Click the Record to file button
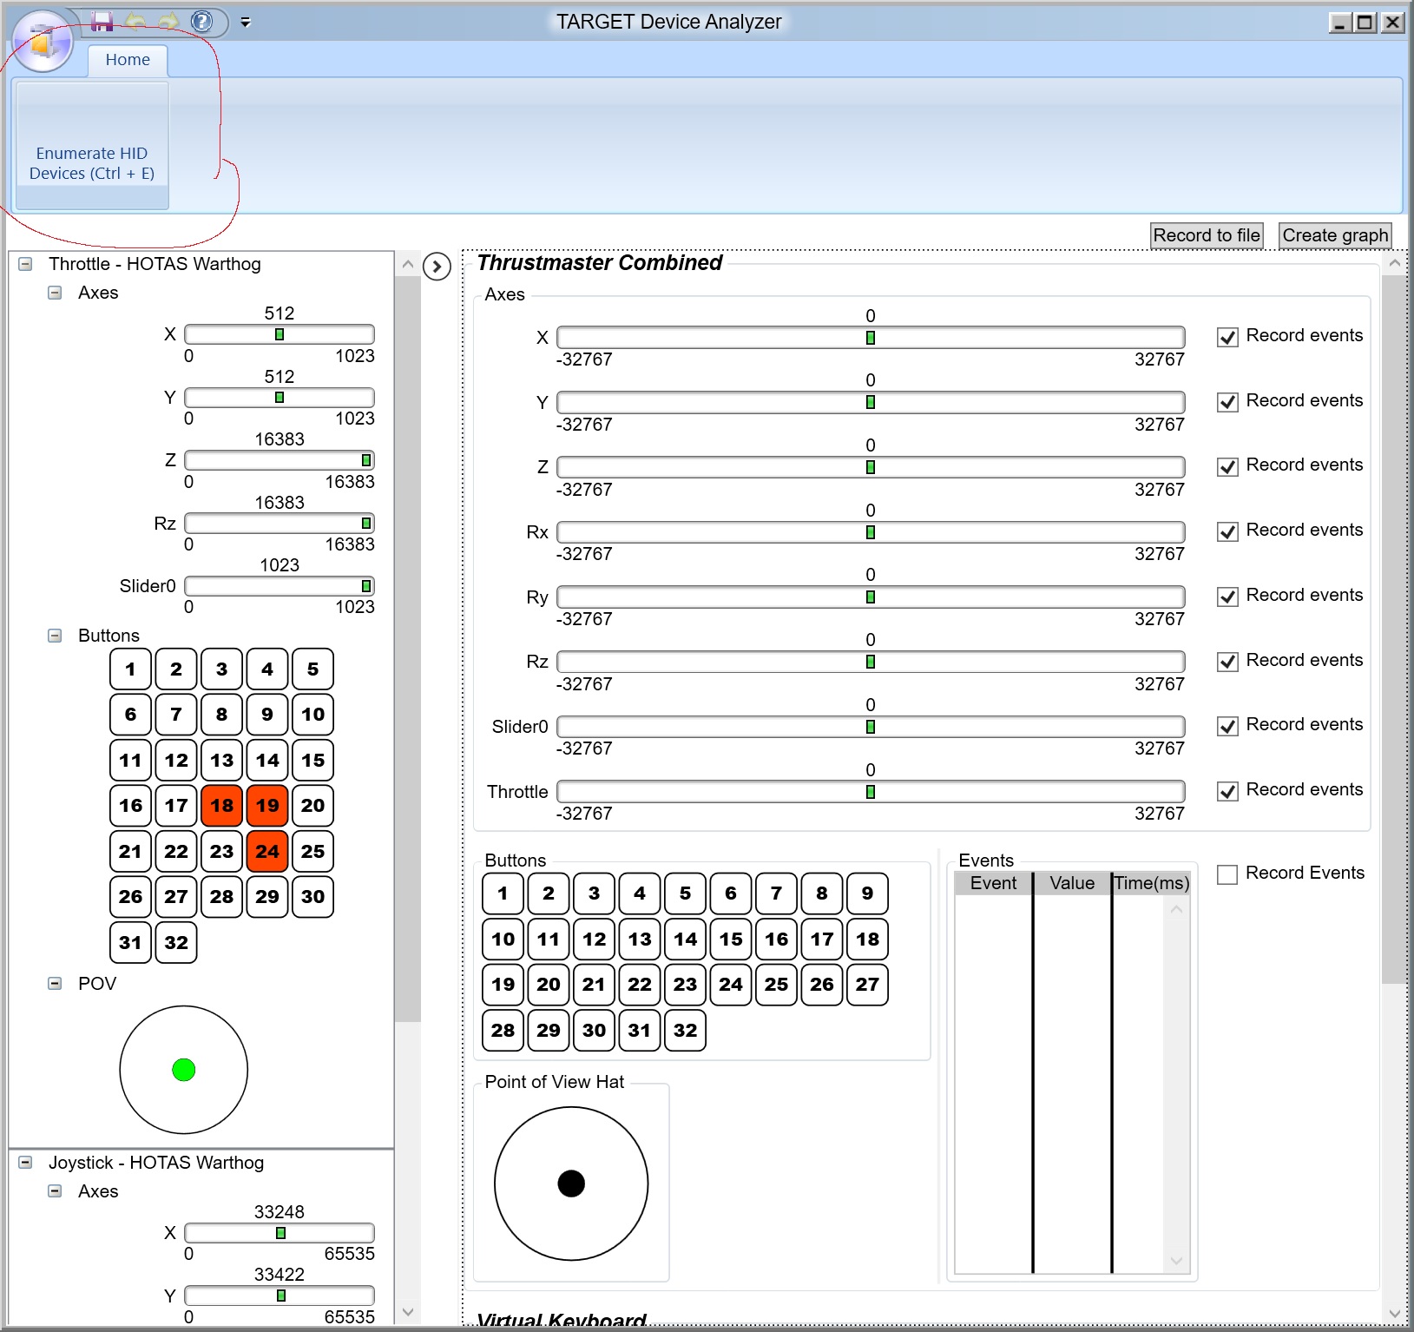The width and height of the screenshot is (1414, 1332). coord(1206,235)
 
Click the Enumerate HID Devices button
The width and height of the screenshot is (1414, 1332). coord(92,145)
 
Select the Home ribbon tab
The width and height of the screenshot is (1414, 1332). coord(128,60)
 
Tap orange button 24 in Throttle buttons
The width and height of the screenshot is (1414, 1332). coord(267,851)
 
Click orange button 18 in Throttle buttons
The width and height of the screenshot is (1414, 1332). coord(221,805)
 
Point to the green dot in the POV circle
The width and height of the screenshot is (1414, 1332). coord(184,1070)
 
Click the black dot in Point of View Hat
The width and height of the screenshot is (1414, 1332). coord(571,1183)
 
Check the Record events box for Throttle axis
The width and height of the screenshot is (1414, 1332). coord(1227,791)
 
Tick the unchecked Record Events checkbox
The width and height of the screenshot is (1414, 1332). coord(1227,874)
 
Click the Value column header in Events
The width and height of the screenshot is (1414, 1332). coord(1072,883)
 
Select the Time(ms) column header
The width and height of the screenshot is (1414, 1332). coord(1151,883)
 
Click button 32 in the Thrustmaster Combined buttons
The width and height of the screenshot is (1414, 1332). coord(685,1030)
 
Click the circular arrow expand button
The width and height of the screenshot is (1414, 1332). coord(437,266)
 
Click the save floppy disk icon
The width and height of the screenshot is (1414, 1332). coord(102,22)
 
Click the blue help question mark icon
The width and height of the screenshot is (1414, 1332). coord(201,21)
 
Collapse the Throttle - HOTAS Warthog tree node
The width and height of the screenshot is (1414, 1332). coord(25,264)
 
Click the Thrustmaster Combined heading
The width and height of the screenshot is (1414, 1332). coord(599,262)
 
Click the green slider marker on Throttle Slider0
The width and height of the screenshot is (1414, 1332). coord(366,586)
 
